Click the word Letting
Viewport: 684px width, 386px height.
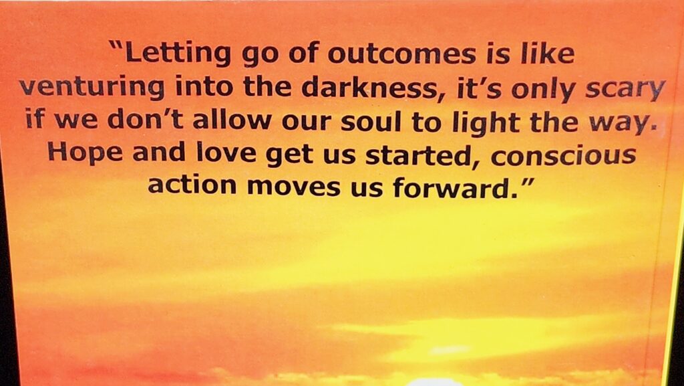[x=178, y=54]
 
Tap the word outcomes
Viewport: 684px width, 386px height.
[x=401, y=54]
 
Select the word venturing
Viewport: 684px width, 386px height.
[x=92, y=88]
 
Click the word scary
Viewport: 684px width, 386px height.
[x=625, y=90]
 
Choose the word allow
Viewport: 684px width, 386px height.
[x=232, y=119]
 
